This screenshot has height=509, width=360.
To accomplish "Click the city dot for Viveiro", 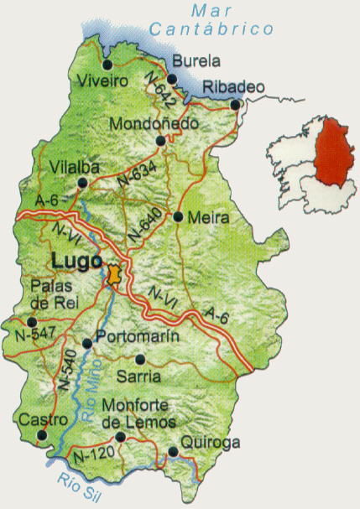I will point(107,65).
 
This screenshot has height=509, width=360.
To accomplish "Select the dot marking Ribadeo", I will point(236,105).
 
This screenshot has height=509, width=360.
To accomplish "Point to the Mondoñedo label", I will point(154,124).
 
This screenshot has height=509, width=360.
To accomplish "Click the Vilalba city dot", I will point(81,183).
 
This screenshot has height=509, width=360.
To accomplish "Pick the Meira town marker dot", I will point(178,216).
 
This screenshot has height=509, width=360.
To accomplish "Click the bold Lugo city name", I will point(76,260).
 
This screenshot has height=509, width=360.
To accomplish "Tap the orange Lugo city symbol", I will point(114,274).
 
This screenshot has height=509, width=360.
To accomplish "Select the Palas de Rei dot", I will point(32,321).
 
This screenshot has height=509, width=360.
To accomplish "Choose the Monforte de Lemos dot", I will point(121,437).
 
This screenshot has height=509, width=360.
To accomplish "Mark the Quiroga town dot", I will point(173,452).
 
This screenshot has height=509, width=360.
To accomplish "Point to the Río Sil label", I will point(79,487).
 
